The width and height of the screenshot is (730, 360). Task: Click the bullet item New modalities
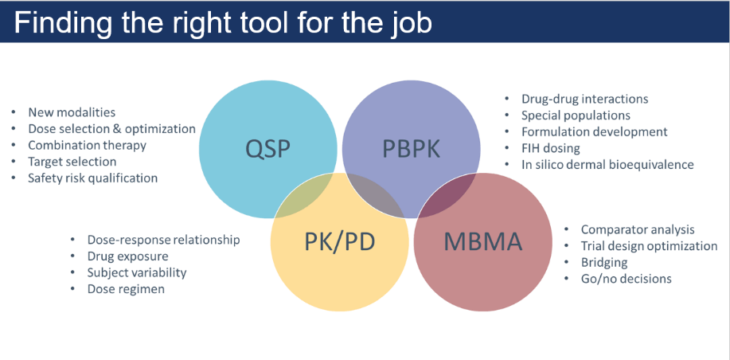[x=72, y=112]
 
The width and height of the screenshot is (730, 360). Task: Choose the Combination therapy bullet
[x=87, y=145]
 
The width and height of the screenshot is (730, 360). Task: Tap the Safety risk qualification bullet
[x=92, y=178]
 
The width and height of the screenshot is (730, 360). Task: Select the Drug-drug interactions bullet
[x=584, y=99]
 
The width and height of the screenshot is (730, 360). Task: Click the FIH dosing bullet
[x=551, y=148]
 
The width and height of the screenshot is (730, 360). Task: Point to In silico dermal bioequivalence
[x=607, y=165]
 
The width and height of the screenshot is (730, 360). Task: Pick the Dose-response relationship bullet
[x=163, y=239]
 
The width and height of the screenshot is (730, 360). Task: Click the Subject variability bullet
[x=137, y=272]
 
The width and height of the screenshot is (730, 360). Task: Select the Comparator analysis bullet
[x=638, y=229]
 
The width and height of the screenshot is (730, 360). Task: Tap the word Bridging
[x=604, y=262]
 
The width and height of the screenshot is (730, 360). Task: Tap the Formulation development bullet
[x=595, y=131]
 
